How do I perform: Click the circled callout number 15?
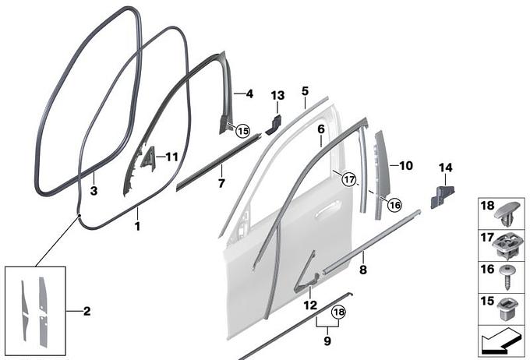click(243, 130)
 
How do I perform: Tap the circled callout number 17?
click(349, 178)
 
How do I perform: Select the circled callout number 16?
click(394, 204)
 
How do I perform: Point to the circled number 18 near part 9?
click(339, 312)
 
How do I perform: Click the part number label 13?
click(277, 95)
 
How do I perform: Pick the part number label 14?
click(445, 168)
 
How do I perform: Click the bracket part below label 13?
click(274, 125)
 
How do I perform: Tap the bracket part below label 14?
click(442, 196)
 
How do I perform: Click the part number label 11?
click(171, 157)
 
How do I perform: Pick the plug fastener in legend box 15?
click(507, 309)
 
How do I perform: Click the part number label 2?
click(87, 311)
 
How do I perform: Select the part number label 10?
click(406, 166)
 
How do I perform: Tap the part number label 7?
click(221, 183)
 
